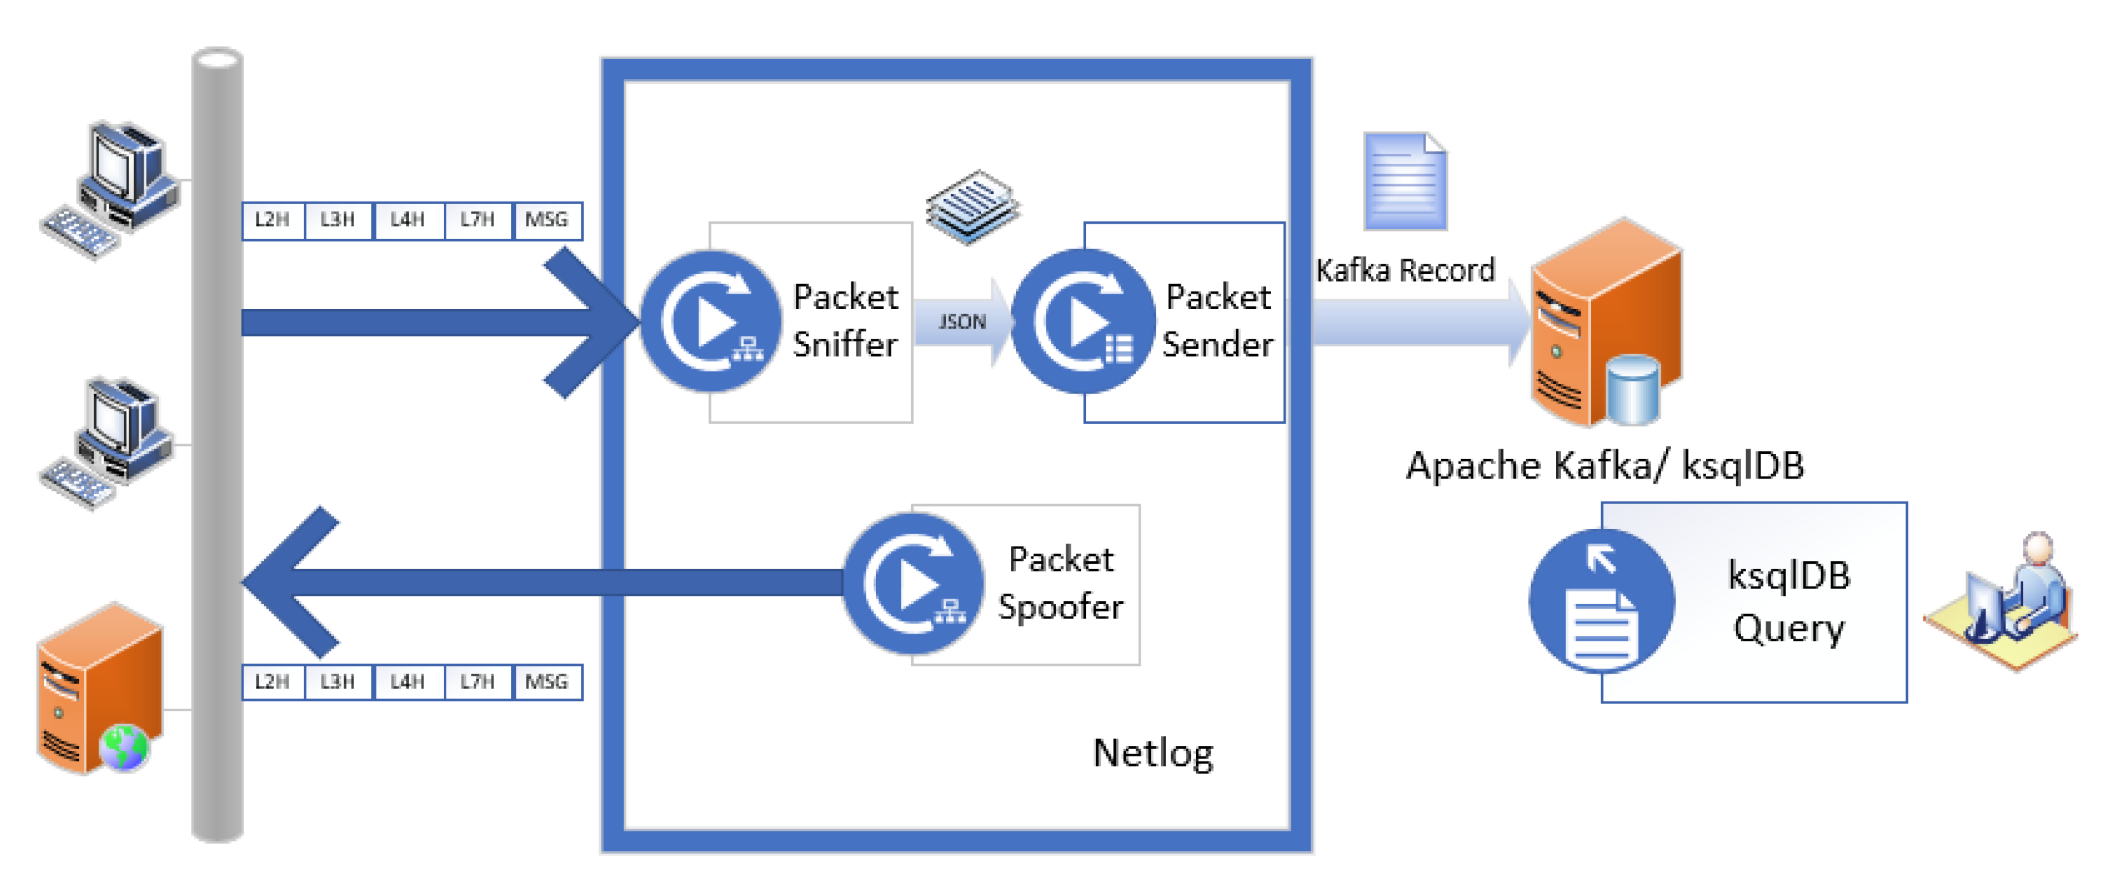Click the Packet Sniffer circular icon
coord(711,322)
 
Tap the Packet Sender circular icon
coord(1083,322)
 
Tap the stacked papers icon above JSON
coord(972,207)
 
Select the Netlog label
coord(1152,753)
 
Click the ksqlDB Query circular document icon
coord(1601,602)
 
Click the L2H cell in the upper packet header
coord(273,220)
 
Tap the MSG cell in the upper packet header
coord(546,220)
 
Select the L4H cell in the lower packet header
coord(407,682)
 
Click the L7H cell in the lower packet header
coord(477,682)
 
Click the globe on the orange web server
coord(123,746)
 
